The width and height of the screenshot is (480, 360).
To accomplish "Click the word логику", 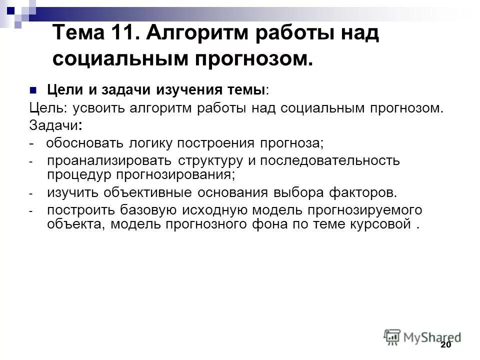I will click(x=145, y=143).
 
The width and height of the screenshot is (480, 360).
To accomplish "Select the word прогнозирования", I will click(x=174, y=174).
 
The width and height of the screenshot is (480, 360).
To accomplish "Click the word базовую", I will click(x=144, y=210).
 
